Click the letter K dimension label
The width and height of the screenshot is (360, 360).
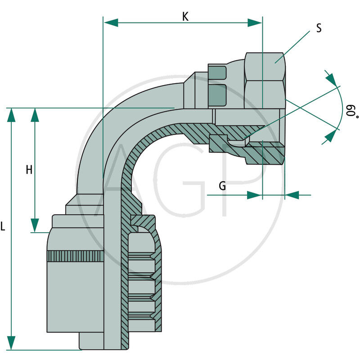185,17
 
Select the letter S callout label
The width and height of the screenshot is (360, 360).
319,28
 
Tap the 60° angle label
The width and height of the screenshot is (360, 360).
351,111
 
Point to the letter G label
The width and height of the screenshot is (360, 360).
222,186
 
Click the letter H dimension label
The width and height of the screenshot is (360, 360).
29,170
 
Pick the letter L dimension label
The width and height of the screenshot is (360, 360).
3,227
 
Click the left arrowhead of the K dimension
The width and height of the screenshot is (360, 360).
111,22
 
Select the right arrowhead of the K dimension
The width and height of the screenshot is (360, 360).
255,22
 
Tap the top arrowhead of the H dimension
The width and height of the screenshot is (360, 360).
35,115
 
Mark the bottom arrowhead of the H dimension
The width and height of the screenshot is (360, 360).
35,225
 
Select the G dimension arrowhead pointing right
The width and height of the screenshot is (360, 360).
255,195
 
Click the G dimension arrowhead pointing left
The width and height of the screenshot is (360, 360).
292,195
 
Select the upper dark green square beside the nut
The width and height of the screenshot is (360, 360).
217,72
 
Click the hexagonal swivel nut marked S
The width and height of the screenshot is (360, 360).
265,81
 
